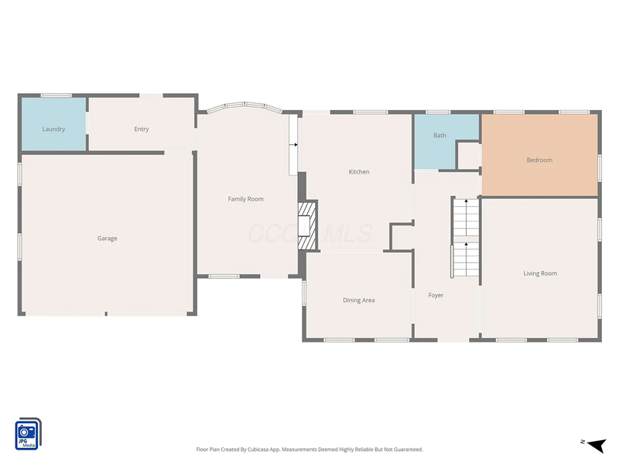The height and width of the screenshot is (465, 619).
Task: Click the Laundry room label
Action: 53,129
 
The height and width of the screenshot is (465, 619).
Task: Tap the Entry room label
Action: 141,129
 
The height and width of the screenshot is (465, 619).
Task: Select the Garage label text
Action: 107,239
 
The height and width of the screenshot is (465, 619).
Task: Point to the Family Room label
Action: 245,199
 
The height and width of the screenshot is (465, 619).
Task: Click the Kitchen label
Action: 359,172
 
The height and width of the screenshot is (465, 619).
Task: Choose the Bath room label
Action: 439,136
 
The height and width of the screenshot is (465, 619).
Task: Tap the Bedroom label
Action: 539,160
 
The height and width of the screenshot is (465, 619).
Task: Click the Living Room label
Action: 539,274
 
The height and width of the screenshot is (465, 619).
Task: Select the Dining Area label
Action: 358,300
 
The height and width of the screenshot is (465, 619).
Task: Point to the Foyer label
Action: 436,295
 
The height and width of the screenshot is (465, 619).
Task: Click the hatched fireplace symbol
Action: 308,226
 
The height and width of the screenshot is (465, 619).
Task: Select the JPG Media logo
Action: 28,434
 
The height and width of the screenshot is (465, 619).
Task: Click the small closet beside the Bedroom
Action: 468,155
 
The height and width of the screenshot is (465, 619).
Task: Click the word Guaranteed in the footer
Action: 407,449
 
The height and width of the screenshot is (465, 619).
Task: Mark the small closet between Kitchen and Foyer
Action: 401,237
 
